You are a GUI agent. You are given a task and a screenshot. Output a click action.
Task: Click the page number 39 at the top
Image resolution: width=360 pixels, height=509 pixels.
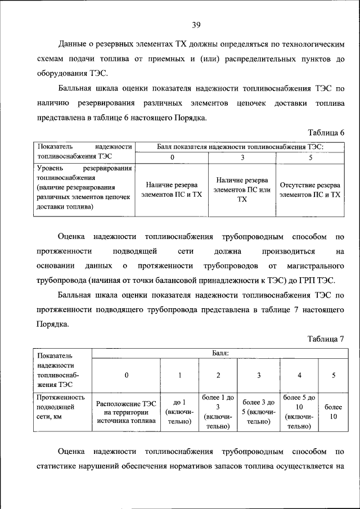[196, 25]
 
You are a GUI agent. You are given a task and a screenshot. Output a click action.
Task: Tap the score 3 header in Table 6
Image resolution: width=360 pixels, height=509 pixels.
[242, 157]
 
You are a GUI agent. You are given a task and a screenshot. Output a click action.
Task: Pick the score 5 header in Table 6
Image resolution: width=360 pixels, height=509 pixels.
[310, 157]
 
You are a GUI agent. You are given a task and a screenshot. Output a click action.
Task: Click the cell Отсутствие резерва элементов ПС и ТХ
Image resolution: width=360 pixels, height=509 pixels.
[310, 189]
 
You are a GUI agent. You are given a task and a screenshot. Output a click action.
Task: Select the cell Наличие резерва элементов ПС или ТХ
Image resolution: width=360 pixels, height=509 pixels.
[242, 189]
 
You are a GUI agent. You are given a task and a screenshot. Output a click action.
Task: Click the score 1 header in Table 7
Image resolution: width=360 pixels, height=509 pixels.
[180, 375]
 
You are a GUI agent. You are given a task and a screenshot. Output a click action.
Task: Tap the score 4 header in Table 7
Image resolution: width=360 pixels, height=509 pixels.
[299, 375]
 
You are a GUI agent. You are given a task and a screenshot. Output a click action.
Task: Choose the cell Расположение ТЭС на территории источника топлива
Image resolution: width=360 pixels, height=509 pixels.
[126, 412]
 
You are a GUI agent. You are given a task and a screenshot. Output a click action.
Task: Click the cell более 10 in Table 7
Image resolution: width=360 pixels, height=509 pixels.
[333, 412]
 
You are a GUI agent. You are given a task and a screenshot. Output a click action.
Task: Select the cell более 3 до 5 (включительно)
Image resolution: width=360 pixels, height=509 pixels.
[258, 412]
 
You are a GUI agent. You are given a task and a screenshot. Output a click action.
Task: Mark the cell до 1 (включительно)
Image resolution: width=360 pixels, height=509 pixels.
[180, 412]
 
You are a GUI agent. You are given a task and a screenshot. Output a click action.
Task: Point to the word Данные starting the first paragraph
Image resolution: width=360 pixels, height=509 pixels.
[75, 43]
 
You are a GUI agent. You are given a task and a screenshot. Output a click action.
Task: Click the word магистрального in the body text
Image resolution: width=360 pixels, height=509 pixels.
[316, 265]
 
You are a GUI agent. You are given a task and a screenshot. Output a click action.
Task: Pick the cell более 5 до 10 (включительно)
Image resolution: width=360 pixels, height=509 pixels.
[299, 412]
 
